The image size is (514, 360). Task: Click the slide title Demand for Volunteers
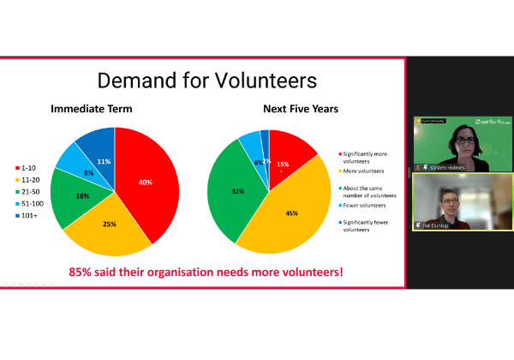click(x=206, y=81)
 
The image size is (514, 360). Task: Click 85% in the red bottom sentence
click(x=84, y=273)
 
